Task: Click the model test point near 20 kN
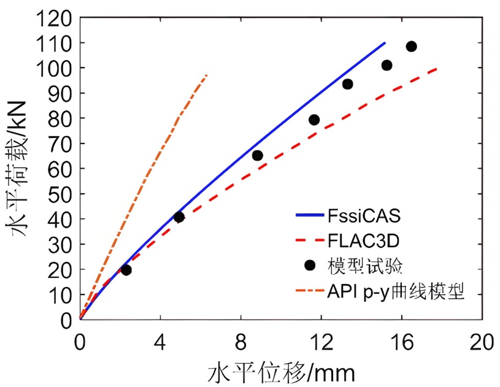(x=126, y=269)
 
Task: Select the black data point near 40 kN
(x=179, y=216)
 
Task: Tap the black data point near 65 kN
(x=258, y=155)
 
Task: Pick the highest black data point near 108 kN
(x=411, y=46)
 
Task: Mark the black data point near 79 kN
(x=314, y=120)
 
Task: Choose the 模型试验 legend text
(x=368, y=264)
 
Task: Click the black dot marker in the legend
(x=310, y=264)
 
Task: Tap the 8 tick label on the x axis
(x=240, y=342)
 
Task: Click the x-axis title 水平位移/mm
(x=282, y=372)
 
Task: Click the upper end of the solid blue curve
(x=385, y=43)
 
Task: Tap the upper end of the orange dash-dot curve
(x=207, y=75)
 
